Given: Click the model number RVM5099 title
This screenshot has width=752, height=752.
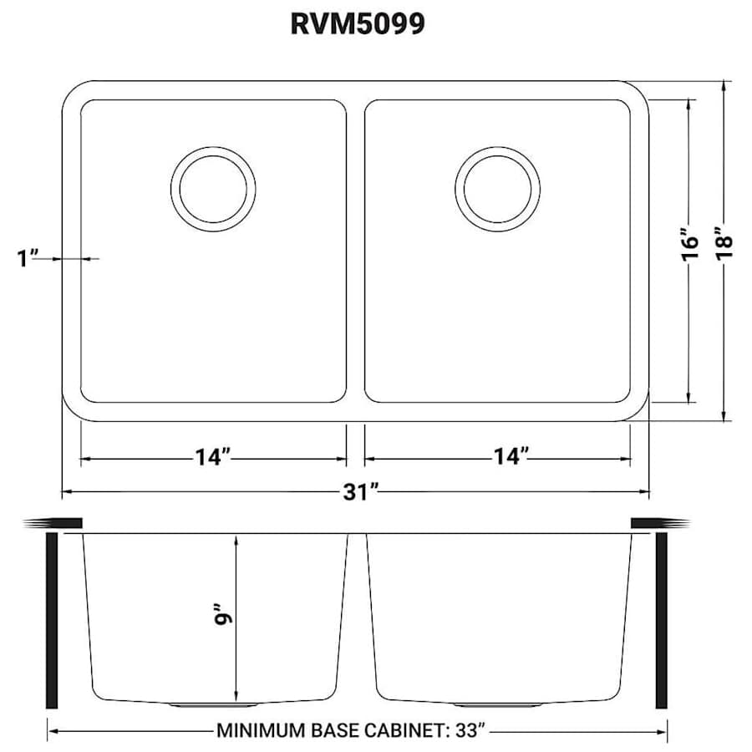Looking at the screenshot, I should [357, 24].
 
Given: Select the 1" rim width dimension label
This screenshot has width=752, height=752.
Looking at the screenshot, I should [28, 258].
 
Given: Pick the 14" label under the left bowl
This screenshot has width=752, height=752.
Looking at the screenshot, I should [213, 458].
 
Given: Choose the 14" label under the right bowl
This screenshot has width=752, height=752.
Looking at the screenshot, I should [511, 458].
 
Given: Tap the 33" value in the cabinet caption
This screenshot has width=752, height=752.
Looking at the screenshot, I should [467, 731].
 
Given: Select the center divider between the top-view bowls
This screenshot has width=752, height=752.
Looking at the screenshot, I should [355, 251].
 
